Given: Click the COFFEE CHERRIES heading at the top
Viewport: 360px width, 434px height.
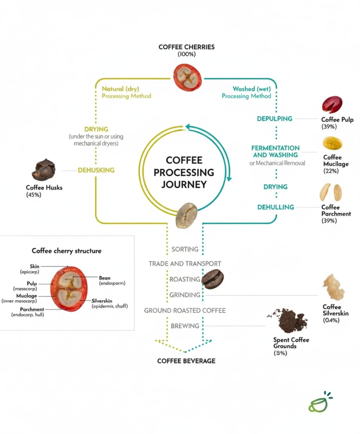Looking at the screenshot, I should tap(187, 47).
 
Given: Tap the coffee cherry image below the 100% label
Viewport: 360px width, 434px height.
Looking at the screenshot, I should tap(187, 77).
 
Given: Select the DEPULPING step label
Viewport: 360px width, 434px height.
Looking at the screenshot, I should tap(275, 119).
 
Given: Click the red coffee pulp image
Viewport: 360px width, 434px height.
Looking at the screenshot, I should tap(332, 105).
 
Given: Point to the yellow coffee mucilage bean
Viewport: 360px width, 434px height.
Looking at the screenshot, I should tap(332, 143).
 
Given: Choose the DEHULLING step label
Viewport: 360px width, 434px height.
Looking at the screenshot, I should tap(275, 207).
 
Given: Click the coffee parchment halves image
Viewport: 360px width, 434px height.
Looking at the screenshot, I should tap(331, 192).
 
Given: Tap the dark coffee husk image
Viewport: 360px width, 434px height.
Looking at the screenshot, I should tap(43, 170).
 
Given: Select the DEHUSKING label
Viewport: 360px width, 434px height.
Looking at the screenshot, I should tap(96, 170).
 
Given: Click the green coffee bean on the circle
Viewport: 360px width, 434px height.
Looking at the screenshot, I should tap(187, 215).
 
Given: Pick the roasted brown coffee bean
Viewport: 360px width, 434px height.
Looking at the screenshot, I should tap(213, 279).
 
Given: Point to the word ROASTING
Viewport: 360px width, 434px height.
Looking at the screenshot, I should tap(185, 279).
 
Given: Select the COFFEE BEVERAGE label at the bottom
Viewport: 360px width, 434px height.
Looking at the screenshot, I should tap(186, 361).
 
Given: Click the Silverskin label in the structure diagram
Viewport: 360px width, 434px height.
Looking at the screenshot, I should tap(103, 300).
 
